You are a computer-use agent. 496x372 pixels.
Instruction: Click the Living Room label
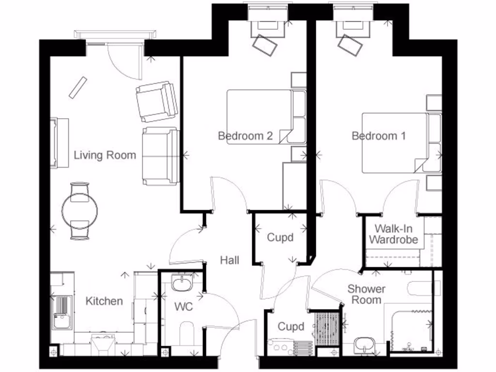[105, 155]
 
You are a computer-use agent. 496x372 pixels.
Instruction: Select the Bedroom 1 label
[379, 136]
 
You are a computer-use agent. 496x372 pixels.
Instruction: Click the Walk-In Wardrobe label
[393, 234]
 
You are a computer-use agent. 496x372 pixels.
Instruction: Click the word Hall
[230, 260]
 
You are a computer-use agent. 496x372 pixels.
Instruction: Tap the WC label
[184, 307]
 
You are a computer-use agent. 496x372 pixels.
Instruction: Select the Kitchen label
[104, 301]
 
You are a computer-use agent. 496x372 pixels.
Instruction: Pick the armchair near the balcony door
[156, 101]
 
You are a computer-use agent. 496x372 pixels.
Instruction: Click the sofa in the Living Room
[160, 156]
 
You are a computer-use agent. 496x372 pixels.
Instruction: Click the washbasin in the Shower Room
[365, 345]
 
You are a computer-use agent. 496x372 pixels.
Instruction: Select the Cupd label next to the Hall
[280, 238]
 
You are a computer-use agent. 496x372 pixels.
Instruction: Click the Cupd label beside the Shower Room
[291, 326]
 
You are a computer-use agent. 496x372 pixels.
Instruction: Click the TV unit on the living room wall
[60, 143]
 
